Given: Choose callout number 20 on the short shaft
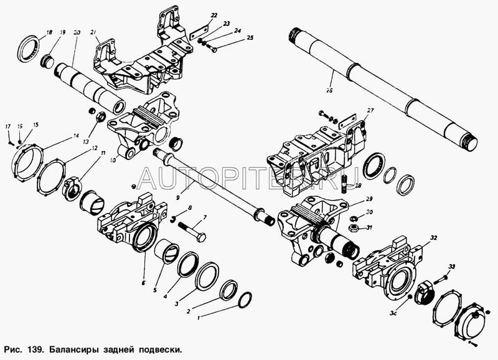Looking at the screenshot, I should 76,32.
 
